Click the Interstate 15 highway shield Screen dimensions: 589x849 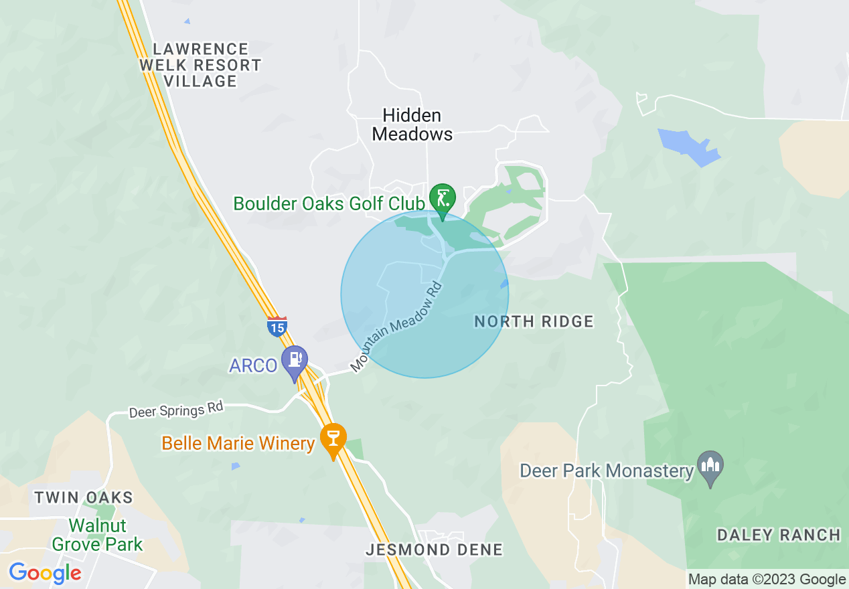[277, 326]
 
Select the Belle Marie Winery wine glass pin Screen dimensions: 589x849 [333, 440]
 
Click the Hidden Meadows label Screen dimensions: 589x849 [412, 124]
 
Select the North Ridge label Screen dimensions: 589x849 [534, 322]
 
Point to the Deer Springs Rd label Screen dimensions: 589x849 [176, 409]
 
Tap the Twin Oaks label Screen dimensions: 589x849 [84, 498]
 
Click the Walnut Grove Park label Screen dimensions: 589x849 [98, 535]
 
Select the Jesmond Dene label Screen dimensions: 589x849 [434, 550]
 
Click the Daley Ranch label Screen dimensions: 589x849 [779, 535]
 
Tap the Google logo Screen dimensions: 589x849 [45, 573]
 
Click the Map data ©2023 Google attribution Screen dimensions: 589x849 [767, 580]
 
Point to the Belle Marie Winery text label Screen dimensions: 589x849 [238, 444]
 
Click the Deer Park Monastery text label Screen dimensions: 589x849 [607, 471]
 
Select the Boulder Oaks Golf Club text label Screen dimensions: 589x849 [329, 203]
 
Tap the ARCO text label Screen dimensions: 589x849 [253, 365]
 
